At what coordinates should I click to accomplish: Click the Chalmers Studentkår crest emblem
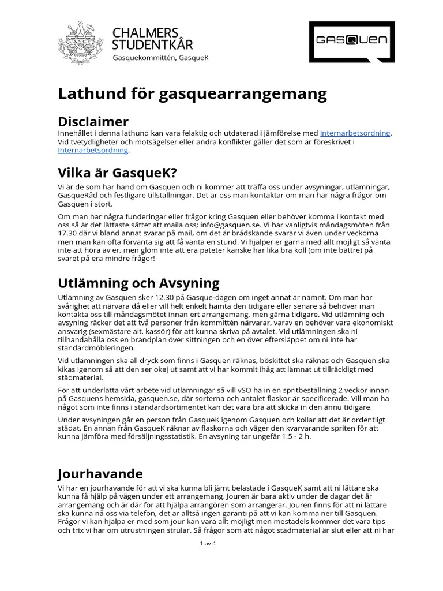81,42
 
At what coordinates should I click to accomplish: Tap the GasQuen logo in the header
352,42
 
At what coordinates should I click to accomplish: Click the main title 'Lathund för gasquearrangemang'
192,93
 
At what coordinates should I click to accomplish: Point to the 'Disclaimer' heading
93,121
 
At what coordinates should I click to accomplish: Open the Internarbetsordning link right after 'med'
355,133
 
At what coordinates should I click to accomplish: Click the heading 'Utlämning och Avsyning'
138,283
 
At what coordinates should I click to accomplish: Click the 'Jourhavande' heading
100,474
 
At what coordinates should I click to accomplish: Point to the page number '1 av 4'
207,544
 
